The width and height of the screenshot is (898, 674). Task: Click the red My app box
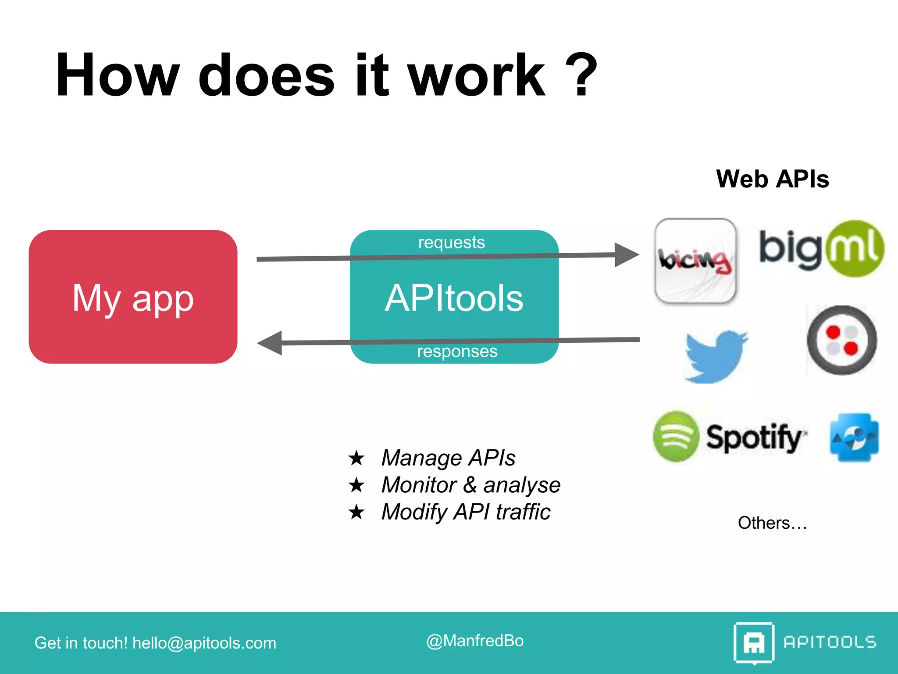[x=133, y=297]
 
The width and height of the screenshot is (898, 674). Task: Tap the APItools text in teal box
[x=454, y=298]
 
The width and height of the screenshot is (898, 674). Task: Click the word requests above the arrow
[x=451, y=242]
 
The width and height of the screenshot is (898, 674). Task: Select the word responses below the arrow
[x=457, y=351]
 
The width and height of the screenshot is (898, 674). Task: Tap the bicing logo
[x=695, y=261]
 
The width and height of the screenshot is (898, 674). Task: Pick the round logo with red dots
[x=841, y=340]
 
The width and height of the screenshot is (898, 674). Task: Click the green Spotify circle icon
[x=676, y=436]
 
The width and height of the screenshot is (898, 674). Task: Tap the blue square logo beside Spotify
[x=854, y=437]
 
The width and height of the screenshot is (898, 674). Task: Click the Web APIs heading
[x=772, y=179]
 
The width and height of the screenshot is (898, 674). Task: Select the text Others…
[x=772, y=523]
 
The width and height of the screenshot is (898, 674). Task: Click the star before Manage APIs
[x=356, y=458]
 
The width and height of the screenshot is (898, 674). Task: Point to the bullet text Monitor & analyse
[x=470, y=485]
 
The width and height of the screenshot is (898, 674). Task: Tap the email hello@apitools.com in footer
[x=204, y=643]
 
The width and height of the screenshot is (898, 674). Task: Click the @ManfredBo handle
[x=475, y=641]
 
